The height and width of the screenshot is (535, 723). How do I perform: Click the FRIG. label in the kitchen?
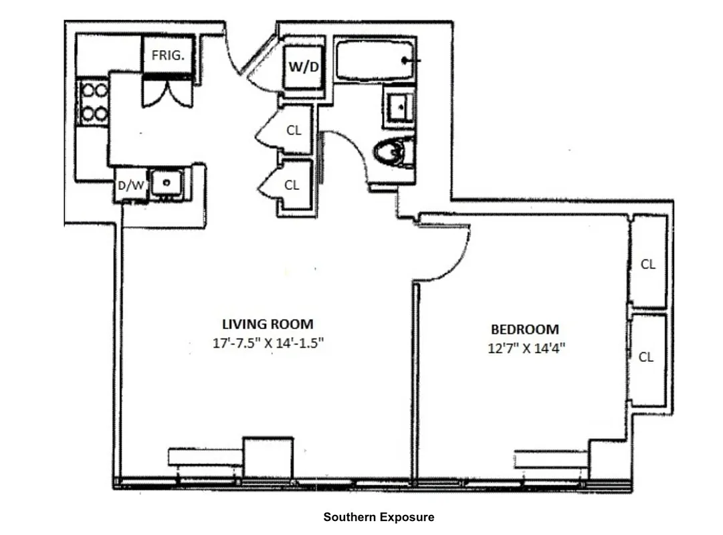169,56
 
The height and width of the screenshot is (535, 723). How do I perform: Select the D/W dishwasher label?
130,186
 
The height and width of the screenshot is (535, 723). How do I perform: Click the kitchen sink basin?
165,182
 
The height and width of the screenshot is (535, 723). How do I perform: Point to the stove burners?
94,102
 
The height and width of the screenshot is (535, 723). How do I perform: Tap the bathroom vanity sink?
399,105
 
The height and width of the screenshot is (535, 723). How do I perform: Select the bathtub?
374,62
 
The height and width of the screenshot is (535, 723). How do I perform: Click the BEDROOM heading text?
525,329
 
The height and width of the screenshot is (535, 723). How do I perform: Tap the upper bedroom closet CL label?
647,264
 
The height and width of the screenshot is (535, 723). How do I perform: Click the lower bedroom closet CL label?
645,357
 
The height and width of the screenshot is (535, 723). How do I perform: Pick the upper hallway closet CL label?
294,130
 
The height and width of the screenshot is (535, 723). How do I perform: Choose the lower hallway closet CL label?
292,185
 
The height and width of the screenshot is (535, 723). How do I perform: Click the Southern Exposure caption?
379,517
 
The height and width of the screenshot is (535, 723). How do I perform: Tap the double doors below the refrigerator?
167,94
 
